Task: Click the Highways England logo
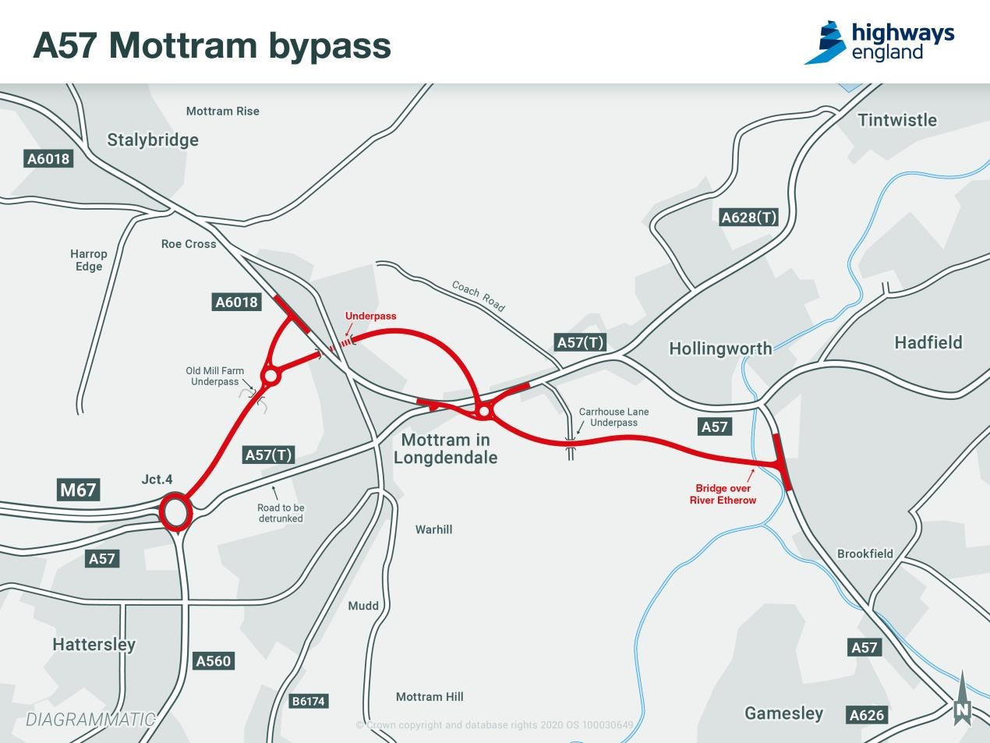click(x=879, y=42)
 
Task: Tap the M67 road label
click(x=78, y=490)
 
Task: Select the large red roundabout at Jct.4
click(x=175, y=513)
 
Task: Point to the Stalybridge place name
click(x=153, y=140)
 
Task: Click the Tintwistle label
click(x=897, y=120)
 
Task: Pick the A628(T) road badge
click(x=748, y=218)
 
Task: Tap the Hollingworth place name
click(x=720, y=349)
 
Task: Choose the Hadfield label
click(x=928, y=342)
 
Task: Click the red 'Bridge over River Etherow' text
click(x=723, y=494)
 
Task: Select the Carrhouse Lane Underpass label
click(x=613, y=417)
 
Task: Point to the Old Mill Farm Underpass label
click(x=214, y=377)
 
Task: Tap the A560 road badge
click(x=213, y=661)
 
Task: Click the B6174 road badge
click(x=308, y=701)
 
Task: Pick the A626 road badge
click(x=867, y=715)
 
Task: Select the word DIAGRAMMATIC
click(x=90, y=720)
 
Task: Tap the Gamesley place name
click(x=783, y=713)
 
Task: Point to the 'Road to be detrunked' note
click(x=281, y=513)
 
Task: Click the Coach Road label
click(x=478, y=296)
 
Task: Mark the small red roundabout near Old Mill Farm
click(x=270, y=377)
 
